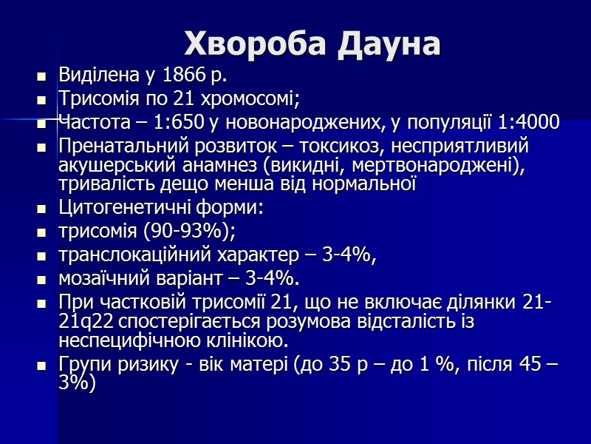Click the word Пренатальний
click(115, 146)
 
